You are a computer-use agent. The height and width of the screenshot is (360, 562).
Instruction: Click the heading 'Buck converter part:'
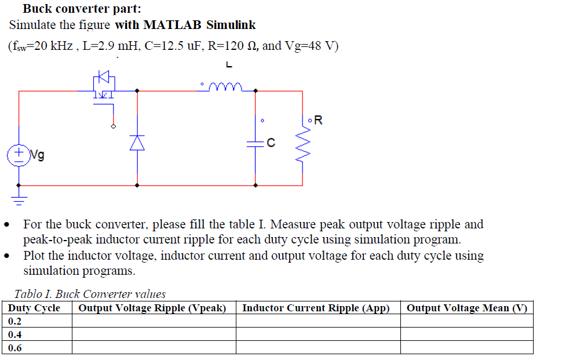pos(82,9)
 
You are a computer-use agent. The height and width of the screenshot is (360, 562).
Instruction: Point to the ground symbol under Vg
pos(19,201)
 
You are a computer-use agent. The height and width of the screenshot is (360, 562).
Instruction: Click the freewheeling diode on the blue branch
pos(137,142)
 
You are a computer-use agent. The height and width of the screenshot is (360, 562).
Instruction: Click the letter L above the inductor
pos(229,64)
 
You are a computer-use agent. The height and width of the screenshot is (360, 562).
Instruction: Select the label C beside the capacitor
pos(271,142)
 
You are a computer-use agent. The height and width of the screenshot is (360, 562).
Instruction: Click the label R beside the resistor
pos(318,121)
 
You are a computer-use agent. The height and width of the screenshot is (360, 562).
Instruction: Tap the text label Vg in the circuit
pos(37,155)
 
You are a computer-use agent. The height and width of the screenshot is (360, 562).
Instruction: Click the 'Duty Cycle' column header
pos(35,308)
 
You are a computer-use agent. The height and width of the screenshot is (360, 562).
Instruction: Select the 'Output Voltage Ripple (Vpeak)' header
pos(152,308)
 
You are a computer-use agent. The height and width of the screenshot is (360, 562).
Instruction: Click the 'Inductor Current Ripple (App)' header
pos(316,308)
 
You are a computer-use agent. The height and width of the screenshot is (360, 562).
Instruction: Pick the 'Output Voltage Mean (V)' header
pos(466,308)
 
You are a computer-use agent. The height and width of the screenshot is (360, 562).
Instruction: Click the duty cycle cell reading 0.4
pos(16,334)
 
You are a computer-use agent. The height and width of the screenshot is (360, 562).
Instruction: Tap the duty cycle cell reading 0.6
pos(16,348)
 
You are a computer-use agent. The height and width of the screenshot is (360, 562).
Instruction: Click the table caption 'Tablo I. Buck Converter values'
pos(90,294)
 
